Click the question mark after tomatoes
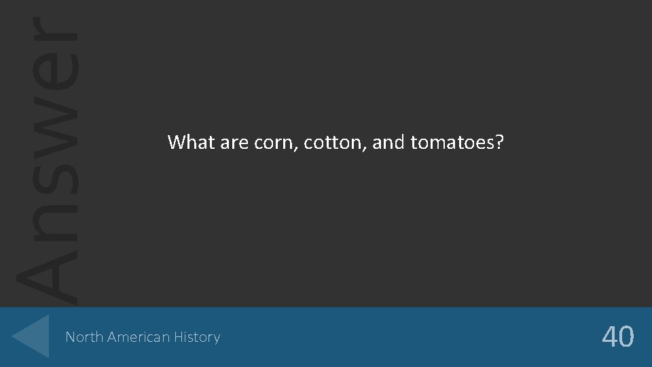coord(499,142)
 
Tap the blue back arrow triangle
coord(32,336)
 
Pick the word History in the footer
coord(196,337)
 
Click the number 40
coord(618,336)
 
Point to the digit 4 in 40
coord(609,336)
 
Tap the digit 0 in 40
coord(627,336)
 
